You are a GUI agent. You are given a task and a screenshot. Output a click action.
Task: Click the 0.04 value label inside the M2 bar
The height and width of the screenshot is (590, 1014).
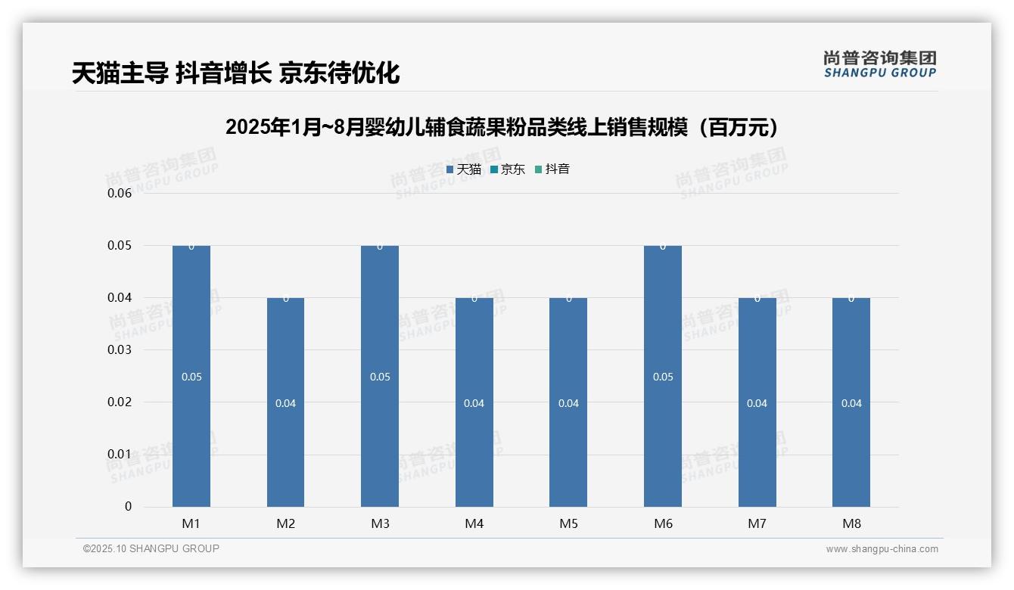(x=285, y=403)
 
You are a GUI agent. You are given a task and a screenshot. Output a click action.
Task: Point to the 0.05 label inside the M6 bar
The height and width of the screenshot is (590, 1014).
(x=663, y=377)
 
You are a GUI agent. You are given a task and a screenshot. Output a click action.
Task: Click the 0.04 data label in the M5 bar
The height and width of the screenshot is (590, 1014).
(x=568, y=403)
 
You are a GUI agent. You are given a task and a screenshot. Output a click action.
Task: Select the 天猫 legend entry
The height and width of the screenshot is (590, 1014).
(x=464, y=169)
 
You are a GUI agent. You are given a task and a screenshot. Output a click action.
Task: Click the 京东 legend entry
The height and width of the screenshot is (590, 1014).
(x=508, y=169)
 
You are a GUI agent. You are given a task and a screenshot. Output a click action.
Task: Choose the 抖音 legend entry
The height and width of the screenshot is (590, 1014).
(x=552, y=169)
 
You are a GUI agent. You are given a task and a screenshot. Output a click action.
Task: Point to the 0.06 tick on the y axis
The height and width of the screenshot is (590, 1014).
(x=120, y=193)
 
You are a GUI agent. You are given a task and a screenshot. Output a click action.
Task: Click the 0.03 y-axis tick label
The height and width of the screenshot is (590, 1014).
(x=120, y=349)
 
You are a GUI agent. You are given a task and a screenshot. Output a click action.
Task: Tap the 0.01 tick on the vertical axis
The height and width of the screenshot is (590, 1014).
(x=120, y=454)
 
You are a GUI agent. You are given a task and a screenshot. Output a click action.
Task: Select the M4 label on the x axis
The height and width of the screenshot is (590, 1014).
(x=474, y=523)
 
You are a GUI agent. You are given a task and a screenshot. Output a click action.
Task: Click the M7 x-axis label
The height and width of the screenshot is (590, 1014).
(x=757, y=523)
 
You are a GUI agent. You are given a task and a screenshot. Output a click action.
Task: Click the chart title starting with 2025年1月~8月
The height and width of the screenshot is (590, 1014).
(x=502, y=127)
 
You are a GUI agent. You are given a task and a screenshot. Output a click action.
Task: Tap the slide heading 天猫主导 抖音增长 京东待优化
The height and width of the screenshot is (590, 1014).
(x=235, y=73)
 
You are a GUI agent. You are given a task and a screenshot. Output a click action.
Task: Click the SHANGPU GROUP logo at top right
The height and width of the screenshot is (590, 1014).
(x=880, y=64)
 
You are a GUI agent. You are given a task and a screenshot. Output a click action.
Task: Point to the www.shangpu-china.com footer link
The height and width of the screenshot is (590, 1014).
(x=882, y=549)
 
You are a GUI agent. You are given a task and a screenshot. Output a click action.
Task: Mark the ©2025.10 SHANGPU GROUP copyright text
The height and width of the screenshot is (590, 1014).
(x=151, y=548)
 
